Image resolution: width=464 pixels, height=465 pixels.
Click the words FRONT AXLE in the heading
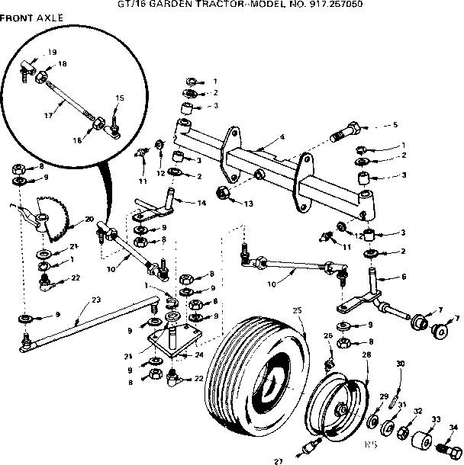pos(32,17)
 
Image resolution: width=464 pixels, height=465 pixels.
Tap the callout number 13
pos(249,204)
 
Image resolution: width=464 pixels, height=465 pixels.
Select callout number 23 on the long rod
pos(95,300)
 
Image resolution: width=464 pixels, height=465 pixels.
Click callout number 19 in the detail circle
pos(52,52)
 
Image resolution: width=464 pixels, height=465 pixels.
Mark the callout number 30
pos(400,364)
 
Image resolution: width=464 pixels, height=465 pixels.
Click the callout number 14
pos(201,203)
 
